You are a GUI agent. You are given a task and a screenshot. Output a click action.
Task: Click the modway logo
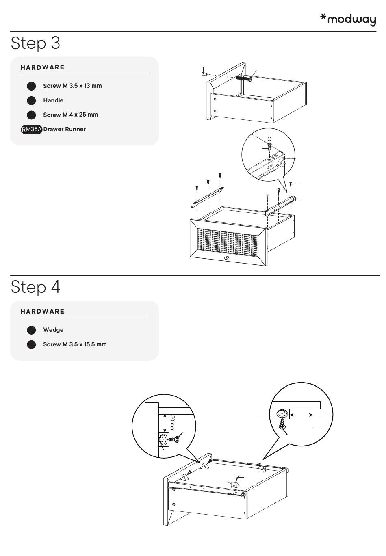coord(348,19)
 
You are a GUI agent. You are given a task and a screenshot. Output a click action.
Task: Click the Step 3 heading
coord(35,43)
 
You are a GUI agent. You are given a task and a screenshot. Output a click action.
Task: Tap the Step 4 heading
coord(35,287)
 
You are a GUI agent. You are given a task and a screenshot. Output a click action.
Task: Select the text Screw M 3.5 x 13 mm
coord(72,86)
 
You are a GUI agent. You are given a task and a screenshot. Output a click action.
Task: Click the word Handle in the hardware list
coord(53,100)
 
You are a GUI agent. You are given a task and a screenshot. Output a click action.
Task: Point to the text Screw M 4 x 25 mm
coord(70,115)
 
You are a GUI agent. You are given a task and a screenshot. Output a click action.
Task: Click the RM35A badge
coord(32,129)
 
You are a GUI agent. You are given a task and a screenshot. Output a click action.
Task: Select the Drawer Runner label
coord(64,129)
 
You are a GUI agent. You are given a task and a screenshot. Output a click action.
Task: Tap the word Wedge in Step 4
coord(53,330)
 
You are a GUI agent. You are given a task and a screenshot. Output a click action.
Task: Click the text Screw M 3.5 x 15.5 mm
coord(75,344)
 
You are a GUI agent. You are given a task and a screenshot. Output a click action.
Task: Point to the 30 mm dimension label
coord(172,423)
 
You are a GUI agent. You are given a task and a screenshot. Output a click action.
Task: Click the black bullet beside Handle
coord(31,100)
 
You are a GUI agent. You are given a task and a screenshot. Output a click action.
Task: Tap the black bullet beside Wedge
coord(31,330)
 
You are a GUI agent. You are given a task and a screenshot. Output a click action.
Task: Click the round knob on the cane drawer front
coord(227,259)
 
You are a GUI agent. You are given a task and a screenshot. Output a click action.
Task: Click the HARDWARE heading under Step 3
coord(42,67)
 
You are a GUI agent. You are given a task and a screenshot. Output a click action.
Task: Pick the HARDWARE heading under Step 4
coord(42,312)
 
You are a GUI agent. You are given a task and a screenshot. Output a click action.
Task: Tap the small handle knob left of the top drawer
coord(204,74)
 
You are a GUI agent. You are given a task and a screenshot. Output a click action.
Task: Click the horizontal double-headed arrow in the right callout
coord(301,415)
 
